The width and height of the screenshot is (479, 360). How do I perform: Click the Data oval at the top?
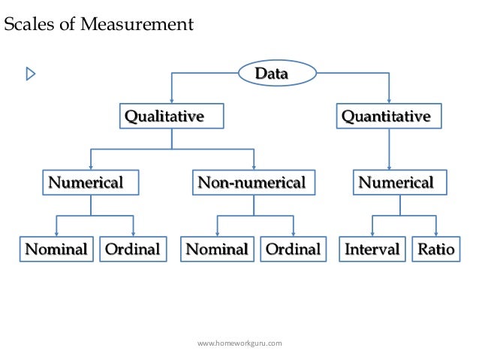(271, 74)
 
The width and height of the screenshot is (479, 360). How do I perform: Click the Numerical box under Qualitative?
(90, 183)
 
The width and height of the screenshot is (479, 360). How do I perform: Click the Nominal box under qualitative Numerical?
(57, 249)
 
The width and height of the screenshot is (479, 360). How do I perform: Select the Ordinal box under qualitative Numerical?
(133, 249)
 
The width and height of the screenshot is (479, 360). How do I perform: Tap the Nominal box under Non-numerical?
(217, 249)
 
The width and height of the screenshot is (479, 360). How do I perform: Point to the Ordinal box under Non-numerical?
(293, 249)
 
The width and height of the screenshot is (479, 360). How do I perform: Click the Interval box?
(372, 249)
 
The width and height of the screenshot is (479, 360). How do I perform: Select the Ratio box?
(435, 249)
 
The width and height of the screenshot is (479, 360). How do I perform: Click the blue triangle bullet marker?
(31, 74)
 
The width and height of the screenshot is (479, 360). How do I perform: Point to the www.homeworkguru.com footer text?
(239, 343)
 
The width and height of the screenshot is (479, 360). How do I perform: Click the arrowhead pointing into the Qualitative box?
(173, 101)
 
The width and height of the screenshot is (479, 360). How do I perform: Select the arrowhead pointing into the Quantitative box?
(389, 101)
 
